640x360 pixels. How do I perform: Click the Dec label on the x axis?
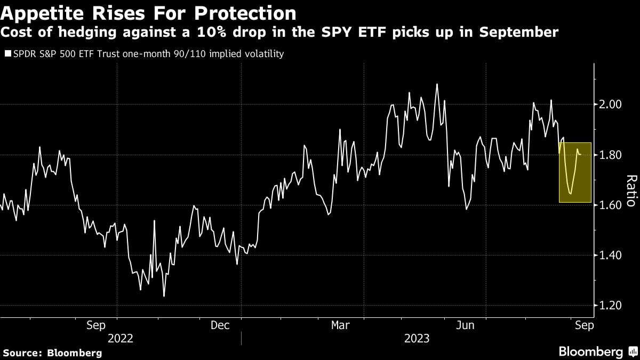[x=220, y=325]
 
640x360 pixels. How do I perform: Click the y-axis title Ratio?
[x=630, y=190]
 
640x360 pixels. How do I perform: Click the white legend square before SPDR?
[x=7, y=54]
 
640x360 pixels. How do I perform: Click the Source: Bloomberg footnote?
[x=52, y=353]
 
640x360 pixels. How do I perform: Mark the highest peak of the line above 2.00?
[x=437, y=84]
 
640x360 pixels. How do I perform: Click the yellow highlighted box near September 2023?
[x=575, y=172]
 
